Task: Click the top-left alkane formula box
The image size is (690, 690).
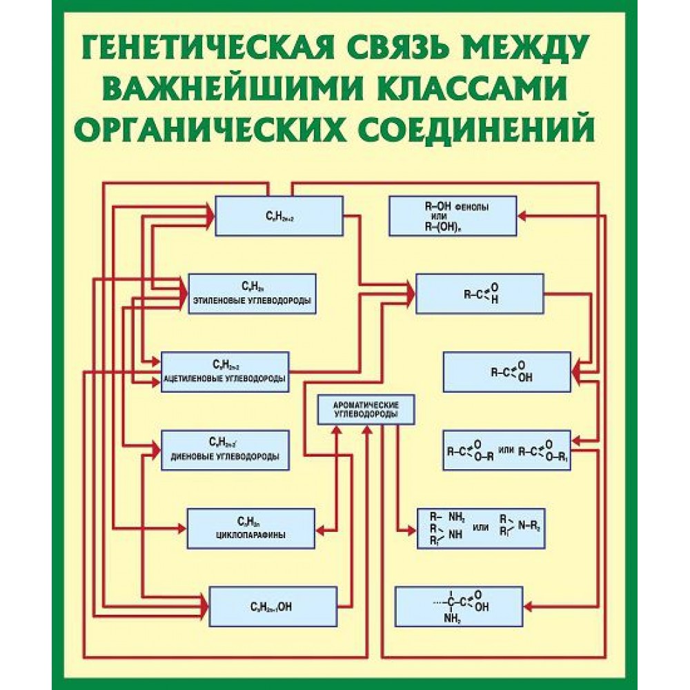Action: [x=279, y=216]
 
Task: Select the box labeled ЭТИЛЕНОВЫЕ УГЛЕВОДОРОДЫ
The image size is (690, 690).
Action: [x=252, y=293]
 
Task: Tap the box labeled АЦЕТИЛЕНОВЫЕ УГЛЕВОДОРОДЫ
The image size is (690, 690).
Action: [x=225, y=372]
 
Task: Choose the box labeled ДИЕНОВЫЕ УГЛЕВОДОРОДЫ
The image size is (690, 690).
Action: [x=225, y=450]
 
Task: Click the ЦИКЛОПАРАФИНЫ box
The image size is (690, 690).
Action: [x=251, y=529]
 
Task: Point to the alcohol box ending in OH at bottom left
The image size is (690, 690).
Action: [x=273, y=607]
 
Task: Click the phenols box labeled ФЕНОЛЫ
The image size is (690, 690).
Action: [x=452, y=216]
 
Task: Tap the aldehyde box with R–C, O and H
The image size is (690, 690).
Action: [x=480, y=293]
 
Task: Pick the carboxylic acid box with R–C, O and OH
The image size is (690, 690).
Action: [x=506, y=372]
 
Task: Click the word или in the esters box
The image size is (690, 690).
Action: [x=506, y=449]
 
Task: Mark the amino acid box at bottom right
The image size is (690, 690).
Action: [x=458, y=607]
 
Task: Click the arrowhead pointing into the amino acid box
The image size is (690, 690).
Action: [x=529, y=607]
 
